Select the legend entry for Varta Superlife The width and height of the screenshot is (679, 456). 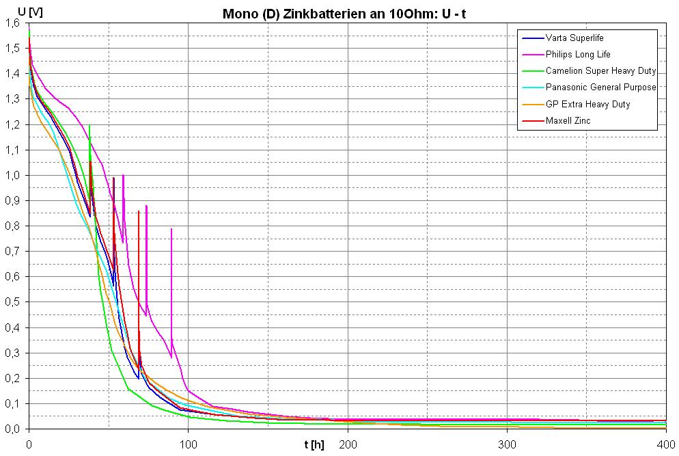pos(574,38)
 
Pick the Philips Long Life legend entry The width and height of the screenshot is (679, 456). pos(578,55)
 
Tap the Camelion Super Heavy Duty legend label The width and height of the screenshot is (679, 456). pos(600,71)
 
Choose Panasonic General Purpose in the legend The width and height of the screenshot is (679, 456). pos(600,88)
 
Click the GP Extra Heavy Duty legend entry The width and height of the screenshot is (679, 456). pos(587,105)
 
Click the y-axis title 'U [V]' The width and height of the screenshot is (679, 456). pos(16,11)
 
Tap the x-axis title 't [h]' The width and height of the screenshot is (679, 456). pos(314,445)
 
